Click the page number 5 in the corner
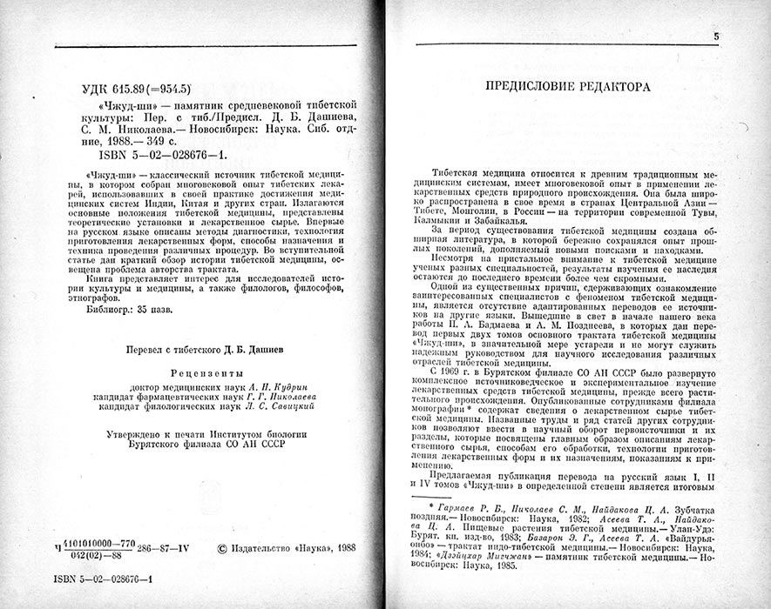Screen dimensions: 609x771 tap(716, 37)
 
